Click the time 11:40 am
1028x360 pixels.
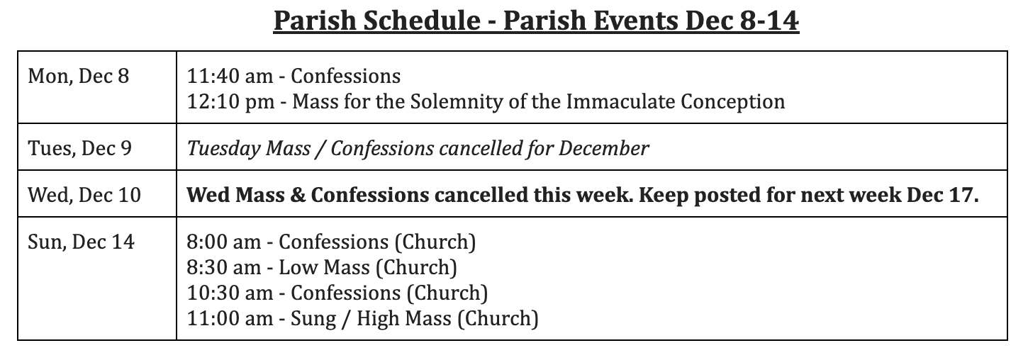point(230,76)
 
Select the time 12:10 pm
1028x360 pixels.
point(231,102)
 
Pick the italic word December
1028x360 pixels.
point(603,148)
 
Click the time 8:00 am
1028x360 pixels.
point(224,242)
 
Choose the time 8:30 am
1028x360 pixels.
point(224,267)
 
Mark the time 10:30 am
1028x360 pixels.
point(230,293)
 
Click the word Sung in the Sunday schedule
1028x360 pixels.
point(313,319)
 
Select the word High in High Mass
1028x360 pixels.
point(378,319)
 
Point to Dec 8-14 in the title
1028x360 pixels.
point(742,21)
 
